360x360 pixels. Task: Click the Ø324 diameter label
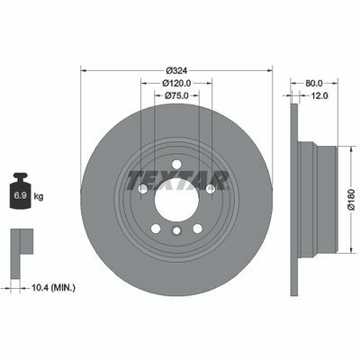pyautogui.click(x=176, y=71)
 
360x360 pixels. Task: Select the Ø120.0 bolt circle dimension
pyautogui.click(x=176, y=83)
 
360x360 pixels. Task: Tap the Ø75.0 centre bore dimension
pyautogui.click(x=176, y=95)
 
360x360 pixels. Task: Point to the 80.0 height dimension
pyautogui.click(x=314, y=83)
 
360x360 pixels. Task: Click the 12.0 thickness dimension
pyautogui.click(x=319, y=95)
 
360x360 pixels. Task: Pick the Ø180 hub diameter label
pyautogui.click(x=351, y=200)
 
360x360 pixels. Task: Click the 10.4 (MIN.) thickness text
pyautogui.click(x=53, y=288)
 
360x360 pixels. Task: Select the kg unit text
pyautogui.click(x=40, y=197)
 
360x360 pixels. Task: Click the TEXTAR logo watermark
pyautogui.click(x=177, y=181)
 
